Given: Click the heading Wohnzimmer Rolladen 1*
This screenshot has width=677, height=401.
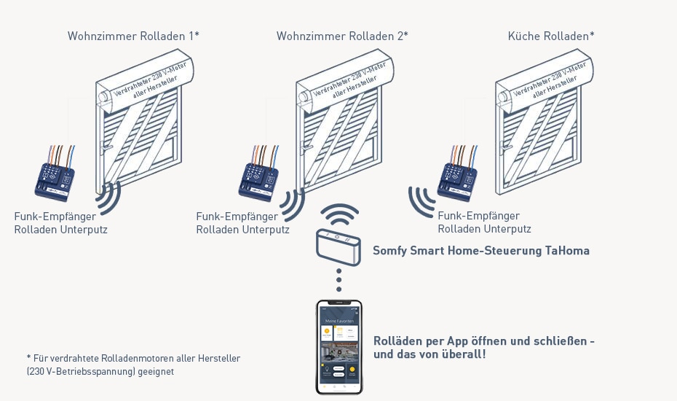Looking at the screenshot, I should (133, 36).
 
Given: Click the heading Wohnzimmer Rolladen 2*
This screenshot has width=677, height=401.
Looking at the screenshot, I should (342, 36).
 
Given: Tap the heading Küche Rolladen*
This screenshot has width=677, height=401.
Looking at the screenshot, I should (551, 36).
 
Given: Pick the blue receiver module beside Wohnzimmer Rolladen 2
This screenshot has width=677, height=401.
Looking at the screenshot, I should (259, 177).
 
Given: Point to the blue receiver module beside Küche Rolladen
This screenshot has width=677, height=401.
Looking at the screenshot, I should (457, 177).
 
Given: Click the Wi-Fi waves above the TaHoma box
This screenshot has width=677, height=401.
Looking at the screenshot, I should (341, 216).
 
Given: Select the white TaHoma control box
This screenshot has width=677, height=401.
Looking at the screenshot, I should (338, 246).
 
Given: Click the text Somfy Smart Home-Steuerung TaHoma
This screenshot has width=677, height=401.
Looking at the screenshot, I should (481, 251).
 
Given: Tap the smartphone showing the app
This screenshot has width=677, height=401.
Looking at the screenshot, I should (338, 346).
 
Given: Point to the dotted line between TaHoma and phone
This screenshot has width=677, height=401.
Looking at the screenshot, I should (338, 279).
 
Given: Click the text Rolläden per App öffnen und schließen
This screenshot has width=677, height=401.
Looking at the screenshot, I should (484, 340).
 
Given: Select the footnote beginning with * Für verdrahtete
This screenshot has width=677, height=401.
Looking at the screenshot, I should (133, 365).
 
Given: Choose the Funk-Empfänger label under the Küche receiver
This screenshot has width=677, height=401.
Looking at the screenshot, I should (484, 222).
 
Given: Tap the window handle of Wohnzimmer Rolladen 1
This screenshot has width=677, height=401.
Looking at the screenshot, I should (107, 147).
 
